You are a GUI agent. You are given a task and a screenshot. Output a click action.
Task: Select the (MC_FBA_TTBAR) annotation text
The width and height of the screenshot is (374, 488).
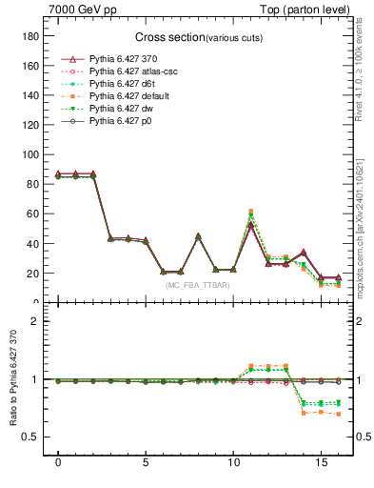(x=194, y=285)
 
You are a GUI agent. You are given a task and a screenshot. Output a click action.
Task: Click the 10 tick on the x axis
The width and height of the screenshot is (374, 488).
(x=233, y=468)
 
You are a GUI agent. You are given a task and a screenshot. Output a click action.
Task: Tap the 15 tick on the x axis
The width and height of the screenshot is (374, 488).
(x=321, y=468)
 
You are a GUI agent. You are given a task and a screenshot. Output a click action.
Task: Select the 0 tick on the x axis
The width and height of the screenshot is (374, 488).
(x=59, y=468)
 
